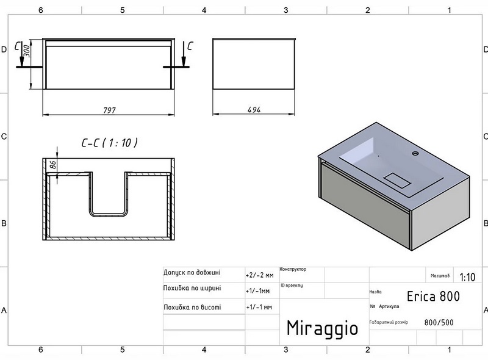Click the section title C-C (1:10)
click(x=109, y=143)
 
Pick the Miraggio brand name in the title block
click(x=322, y=327)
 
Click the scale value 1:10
click(x=467, y=277)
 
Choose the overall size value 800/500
click(x=439, y=323)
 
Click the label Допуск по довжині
click(x=192, y=273)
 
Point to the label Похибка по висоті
click(x=192, y=307)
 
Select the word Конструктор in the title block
click(x=293, y=269)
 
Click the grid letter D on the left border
click(x=4, y=50)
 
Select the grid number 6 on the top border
click(x=40, y=10)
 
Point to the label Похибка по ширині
click(x=192, y=289)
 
